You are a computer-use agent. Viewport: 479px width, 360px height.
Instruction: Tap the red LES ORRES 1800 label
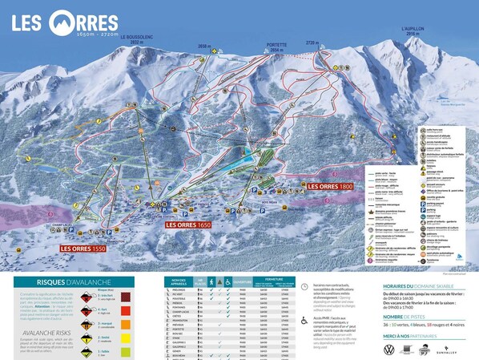(352, 186)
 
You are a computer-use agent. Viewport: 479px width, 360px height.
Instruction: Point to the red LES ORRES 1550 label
(82, 249)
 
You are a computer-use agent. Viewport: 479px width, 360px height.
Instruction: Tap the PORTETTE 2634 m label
(276, 47)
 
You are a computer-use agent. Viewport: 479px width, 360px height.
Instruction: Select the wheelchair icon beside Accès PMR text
(304, 320)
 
